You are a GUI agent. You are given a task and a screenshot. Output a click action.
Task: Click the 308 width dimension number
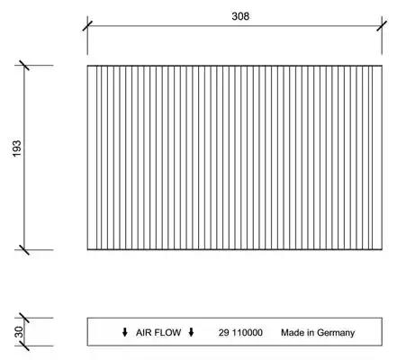(x=240, y=16)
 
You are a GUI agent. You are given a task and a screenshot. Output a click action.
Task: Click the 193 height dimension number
(x=17, y=148)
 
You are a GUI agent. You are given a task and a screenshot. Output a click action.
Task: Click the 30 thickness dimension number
(x=19, y=332)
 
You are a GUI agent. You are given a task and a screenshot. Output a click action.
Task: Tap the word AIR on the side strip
(x=143, y=332)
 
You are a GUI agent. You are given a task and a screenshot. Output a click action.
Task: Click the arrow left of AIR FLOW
(x=125, y=332)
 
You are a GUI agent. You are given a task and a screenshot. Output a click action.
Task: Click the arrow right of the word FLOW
(x=191, y=332)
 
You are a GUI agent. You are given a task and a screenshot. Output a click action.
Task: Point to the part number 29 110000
(x=240, y=332)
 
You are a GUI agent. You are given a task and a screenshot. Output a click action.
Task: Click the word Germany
(x=336, y=333)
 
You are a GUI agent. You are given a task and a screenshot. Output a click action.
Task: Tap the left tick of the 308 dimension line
(x=87, y=26)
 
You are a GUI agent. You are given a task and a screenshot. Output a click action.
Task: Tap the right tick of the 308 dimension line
(x=382, y=26)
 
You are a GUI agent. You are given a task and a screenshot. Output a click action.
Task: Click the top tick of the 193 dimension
(x=24, y=65)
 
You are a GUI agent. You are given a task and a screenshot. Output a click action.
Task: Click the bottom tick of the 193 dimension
(x=24, y=249)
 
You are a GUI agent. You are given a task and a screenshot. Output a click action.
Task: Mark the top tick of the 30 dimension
(x=24, y=318)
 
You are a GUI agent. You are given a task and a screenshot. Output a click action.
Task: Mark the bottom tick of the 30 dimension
(x=24, y=346)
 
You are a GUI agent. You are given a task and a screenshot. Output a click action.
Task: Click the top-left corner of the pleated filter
(x=87, y=66)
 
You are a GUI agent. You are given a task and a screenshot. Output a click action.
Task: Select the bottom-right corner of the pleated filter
(x=382, y=249)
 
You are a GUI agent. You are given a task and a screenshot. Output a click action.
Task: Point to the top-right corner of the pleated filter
(x=382, y=66)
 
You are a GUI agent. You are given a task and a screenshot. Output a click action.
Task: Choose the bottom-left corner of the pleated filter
(x=87, y=249)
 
